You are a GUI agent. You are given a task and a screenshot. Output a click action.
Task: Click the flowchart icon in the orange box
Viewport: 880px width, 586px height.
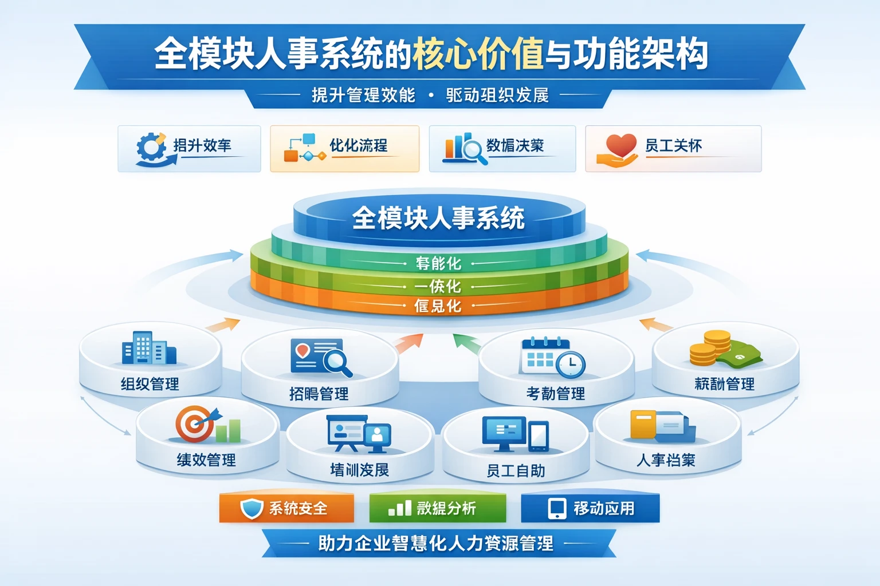[x=304, y=148]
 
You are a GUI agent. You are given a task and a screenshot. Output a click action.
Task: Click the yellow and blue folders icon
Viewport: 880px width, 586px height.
[x=662, y=426]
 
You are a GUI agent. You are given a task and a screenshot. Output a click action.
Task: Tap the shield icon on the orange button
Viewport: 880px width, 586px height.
[x=251, y=508]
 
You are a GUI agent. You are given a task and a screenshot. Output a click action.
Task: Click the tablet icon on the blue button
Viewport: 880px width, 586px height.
[x=557, y=508]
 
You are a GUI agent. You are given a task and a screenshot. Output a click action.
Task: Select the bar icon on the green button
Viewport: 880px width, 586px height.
[x=399, y=508]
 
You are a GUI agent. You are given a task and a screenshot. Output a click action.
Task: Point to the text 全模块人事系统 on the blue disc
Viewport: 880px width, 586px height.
[x=438, y=218]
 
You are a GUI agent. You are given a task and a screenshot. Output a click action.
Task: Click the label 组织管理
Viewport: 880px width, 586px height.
[x=150, y=384]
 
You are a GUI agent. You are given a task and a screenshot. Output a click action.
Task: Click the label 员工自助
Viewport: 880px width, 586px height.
[x=515, y=471]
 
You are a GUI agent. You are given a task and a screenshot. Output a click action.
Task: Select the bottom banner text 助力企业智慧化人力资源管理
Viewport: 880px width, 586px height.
[x=436, y=543]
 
